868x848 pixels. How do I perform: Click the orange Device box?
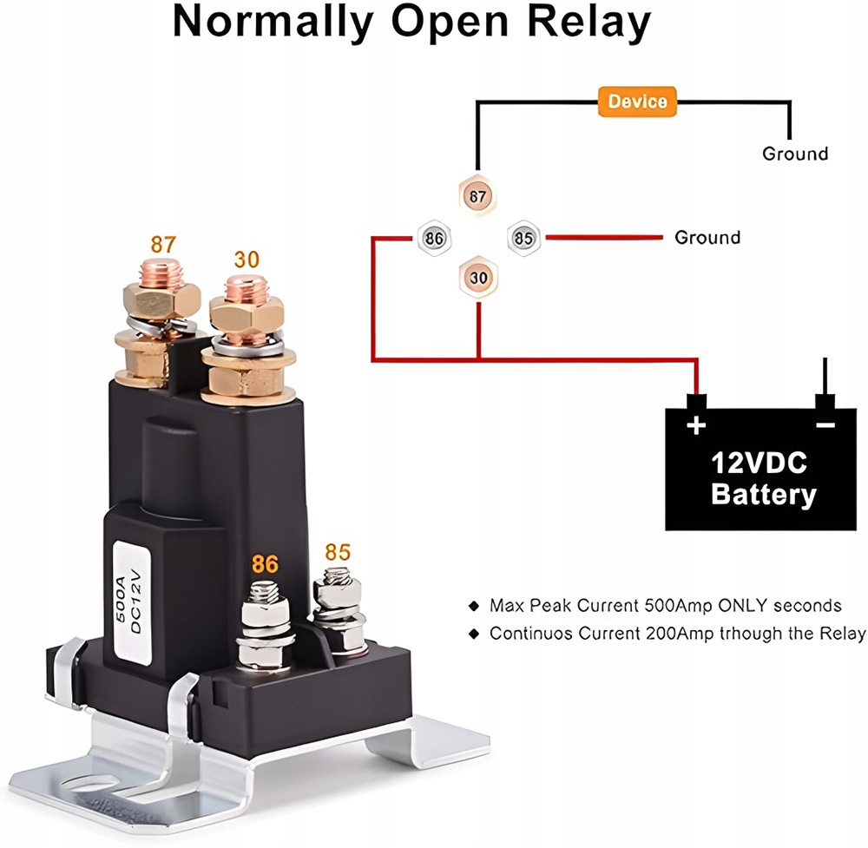coord(637,102)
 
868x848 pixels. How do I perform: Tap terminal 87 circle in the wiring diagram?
coord(477,196)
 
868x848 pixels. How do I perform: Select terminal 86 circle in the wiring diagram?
coord(434,238)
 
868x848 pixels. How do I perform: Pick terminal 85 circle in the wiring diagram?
coord(523,238)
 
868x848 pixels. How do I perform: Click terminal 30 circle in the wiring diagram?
coord(478,278)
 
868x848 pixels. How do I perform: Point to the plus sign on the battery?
coord(696,425)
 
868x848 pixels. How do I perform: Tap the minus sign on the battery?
coord(825,425)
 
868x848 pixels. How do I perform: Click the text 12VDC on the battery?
coord(759,463)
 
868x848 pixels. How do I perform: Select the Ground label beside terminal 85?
coord(707,238)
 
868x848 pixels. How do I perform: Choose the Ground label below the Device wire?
coord(795,154)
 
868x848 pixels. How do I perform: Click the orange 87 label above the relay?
coord(163,244)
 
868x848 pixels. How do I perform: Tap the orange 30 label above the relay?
coord(247,259)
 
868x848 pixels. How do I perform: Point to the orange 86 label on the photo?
coord(265,564)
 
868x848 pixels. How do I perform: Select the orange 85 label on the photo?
coord(338,552)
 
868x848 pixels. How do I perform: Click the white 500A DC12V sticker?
coord(132,602)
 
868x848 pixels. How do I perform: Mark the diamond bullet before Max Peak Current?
coord(473,606)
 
